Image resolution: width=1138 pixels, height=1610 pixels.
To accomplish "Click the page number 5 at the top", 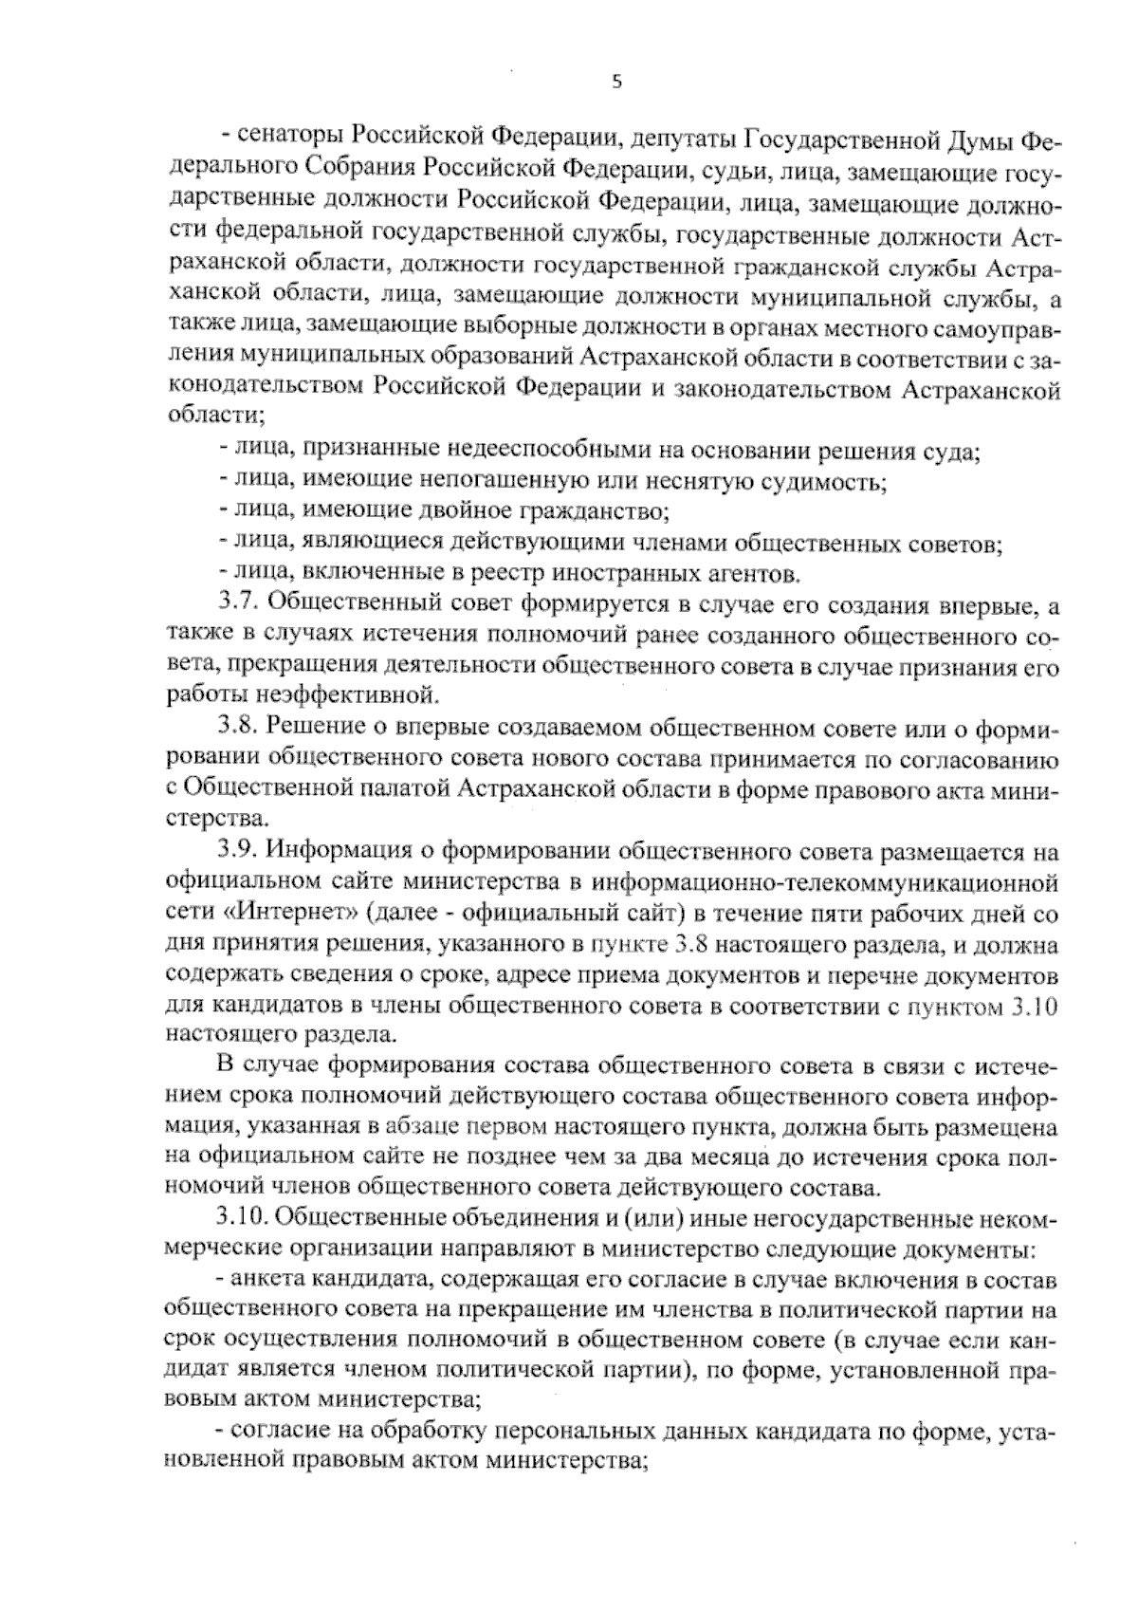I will point(615,83).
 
